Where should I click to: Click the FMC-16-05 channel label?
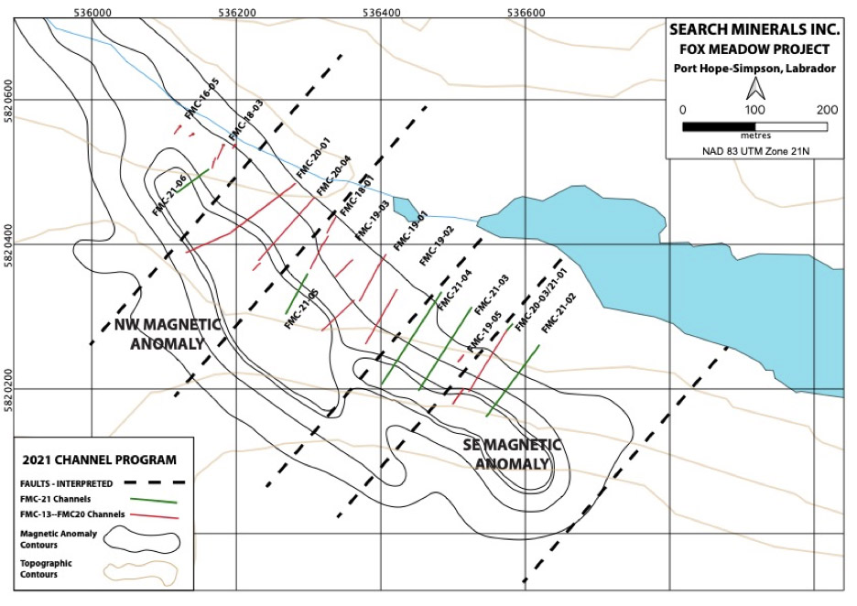tap(202, 99)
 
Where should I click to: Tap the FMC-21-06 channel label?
tap(170, 195)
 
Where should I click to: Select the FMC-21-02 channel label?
tap(559, 313)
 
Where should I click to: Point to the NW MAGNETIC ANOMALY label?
tap(168, 334)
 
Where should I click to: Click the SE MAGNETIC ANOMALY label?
tap(512, 454)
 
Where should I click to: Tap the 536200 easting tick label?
tap(236, 12)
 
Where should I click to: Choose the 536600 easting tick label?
tap(526, 12)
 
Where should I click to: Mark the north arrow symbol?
tap(756, 88)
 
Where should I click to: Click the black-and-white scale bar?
tap(754, 127)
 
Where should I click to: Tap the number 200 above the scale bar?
tap(827, 110)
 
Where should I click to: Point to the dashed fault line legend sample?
tap(155, 483)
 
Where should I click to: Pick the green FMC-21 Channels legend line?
tap(154, 500)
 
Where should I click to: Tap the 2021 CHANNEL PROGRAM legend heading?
tap(100, 460)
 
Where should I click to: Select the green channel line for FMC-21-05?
tap(297, 294)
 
